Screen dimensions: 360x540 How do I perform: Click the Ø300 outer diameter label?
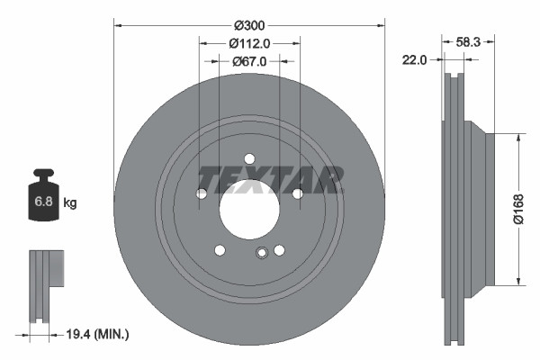pyautogui.click(x=249, y=24)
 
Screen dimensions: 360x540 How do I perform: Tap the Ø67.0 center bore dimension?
pyautogui.click(x=249, y=61)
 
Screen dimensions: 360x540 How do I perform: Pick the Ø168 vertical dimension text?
pyautogui.click(x=518, y=211)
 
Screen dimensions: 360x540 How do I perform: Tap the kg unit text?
pyautogui.click(x=70, y=203)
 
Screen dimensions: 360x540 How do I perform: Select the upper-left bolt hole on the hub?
pyautogui.click(x=202, y=193)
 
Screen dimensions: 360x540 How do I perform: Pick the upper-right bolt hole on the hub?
pyautogui.click(x=297, y=193)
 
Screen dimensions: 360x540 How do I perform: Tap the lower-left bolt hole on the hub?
pyautogui.click(x=220, y=251)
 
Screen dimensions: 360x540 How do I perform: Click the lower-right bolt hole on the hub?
pyautogui.click(x=279, y=251)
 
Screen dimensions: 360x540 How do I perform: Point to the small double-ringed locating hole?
pyautogui.click(x=261, y=253)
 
